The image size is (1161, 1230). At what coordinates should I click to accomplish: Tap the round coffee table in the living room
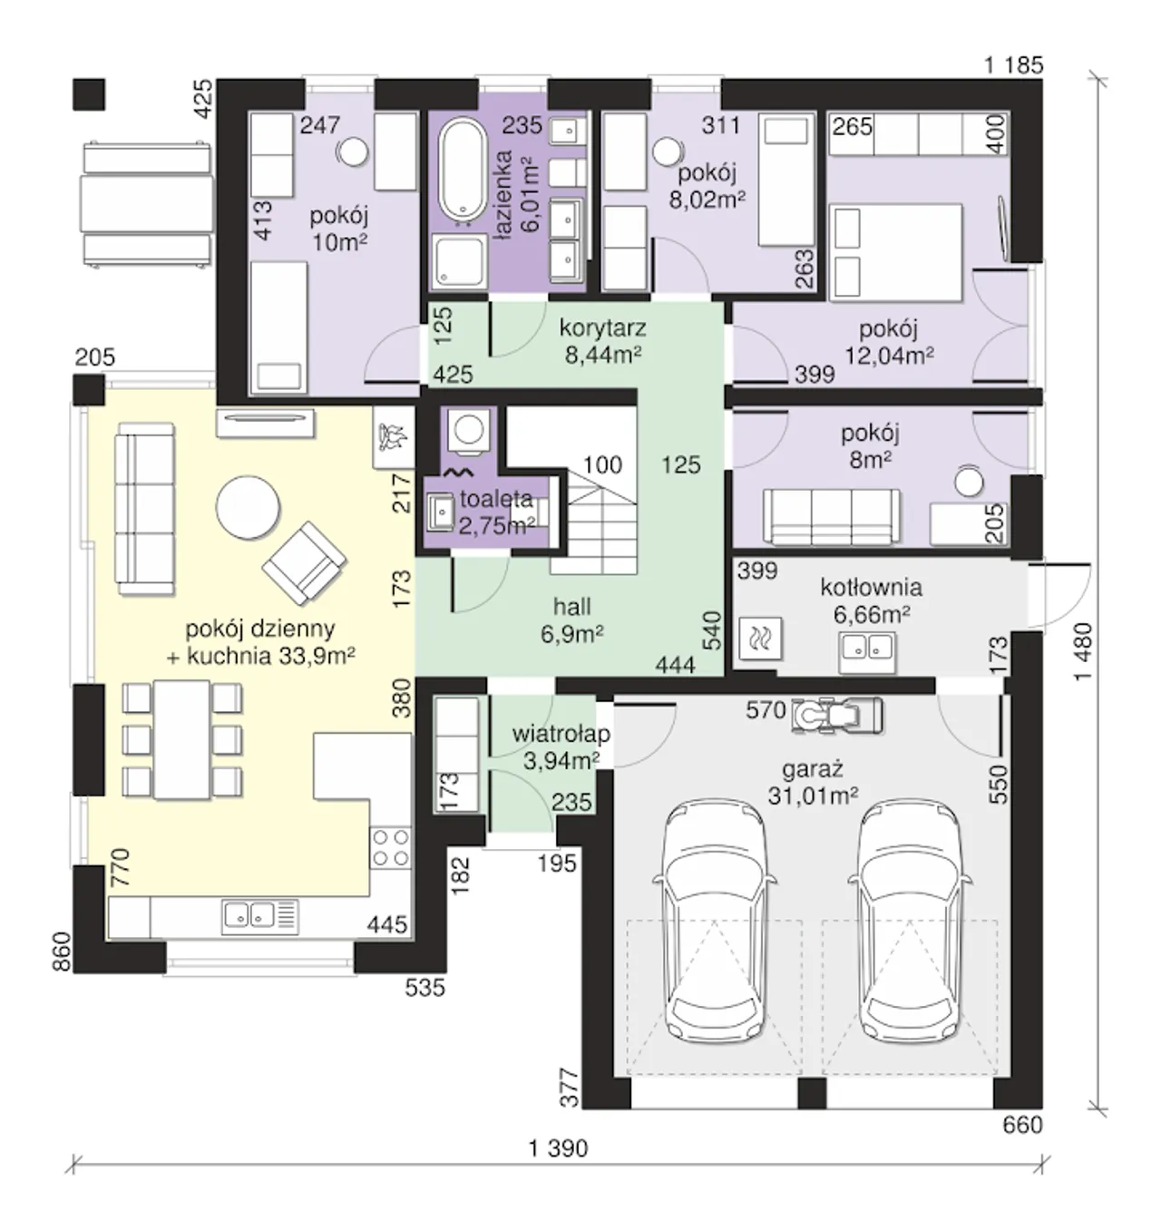tap(248, 507)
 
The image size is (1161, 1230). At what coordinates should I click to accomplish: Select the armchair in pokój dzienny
tap(304, 563)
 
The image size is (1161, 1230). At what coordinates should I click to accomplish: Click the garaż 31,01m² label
tap(813, 782)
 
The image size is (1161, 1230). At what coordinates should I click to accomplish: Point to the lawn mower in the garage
tap(838, 716)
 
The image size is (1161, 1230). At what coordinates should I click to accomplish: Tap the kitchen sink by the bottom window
tap(260, 917)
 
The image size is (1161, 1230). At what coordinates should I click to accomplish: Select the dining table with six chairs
tap(182, 740)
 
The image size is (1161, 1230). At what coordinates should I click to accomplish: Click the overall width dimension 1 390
tap(558, 1149)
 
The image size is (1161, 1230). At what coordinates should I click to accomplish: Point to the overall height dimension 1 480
tap(1083, 651)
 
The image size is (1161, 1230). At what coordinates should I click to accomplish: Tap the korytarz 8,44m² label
tap(602, 341)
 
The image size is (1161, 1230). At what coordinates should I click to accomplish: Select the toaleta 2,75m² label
tap(496, 512)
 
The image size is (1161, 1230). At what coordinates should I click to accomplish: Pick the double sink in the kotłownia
tap(867, 652)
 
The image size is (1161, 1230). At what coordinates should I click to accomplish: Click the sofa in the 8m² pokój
tap(832, 518)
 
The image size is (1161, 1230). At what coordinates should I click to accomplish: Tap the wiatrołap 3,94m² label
tap(561, 747)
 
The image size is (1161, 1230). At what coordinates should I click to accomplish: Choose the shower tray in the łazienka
tap(459, 260)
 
